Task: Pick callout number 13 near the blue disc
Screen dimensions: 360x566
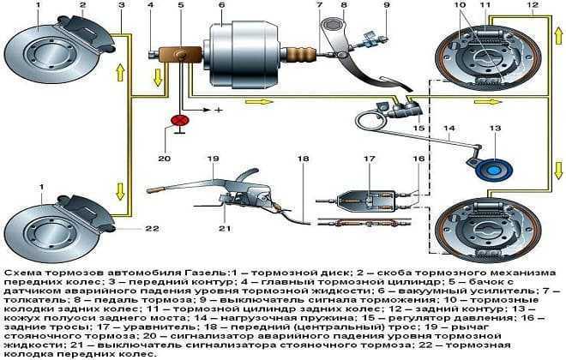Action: tap(494, 129)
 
